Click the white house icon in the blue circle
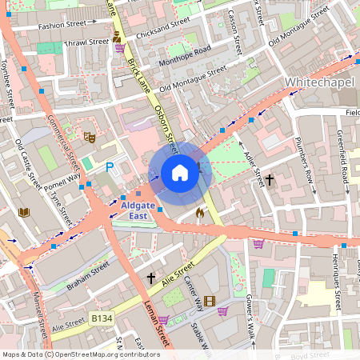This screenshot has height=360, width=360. coord(180,173)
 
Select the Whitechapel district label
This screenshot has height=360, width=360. coord(319,82)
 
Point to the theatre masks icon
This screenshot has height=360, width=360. coord(90,138)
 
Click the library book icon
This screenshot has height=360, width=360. coord(23,212)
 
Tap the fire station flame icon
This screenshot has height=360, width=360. coord(199,214)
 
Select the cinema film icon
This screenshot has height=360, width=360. coord(210,301)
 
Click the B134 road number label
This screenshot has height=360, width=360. coord(102,318)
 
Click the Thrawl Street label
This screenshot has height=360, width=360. coord(86,42)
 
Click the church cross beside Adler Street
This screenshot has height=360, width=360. coord(270,181)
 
